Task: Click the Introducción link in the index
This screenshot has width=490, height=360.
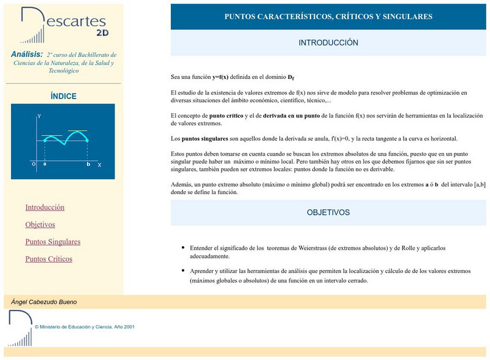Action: [x=45, y=208]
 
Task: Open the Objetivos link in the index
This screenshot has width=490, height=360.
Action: [x=40, y=225]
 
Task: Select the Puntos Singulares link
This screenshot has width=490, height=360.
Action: [x=53, y=242]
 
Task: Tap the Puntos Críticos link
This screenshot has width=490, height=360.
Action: [x=48, y=259]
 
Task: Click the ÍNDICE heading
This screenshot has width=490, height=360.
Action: [x=63, y=96]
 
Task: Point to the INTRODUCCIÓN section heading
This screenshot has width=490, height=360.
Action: [x=328, y=43]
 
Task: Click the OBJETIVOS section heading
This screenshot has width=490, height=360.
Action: [x=328, y=212]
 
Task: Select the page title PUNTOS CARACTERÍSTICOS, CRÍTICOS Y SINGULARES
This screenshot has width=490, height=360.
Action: [x=328, y=17]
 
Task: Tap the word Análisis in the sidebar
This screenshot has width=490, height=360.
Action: [x=27, y=54]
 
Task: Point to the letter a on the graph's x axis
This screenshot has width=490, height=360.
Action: [x=45, y=165]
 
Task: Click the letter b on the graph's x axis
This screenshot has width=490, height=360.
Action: [x=88, y=165]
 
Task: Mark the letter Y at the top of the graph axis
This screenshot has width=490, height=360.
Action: [x=39, y=116]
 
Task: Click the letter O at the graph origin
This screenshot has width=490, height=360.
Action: [x=33, y=164]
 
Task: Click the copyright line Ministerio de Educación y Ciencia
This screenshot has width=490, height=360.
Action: [x=85, y=327]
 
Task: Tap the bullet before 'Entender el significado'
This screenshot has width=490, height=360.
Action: [x=183, y=248]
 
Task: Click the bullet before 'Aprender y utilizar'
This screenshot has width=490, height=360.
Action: [x=183, y=270]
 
